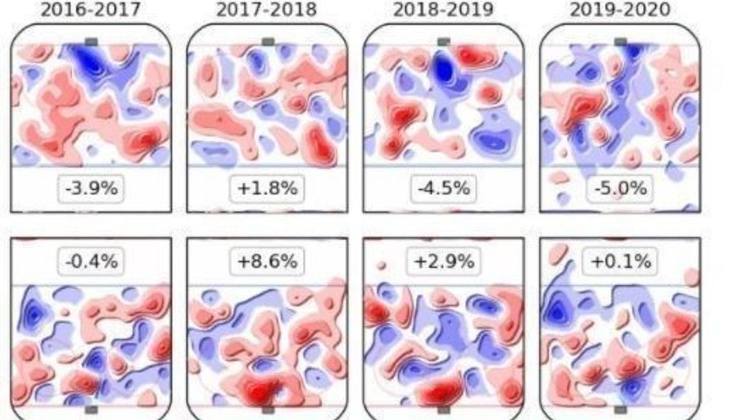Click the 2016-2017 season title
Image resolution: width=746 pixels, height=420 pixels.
coord(91,10)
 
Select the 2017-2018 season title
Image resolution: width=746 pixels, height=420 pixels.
coord(267,10)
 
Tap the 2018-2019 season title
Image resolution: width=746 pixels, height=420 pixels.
coord(443,10)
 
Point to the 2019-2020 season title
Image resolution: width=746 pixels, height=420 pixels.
coord(620,10)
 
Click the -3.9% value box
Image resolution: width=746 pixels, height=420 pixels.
coord(91,188)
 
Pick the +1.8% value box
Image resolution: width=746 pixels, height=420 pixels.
coord(267,188)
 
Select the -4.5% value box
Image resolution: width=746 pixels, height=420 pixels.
coord(443,188)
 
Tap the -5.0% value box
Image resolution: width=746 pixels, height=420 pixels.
coord(620,188)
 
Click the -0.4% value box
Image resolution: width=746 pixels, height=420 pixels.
coord(91,261)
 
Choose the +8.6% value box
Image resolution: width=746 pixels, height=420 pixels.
coord(267,261)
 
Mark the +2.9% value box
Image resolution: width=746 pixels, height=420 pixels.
coord(443,261)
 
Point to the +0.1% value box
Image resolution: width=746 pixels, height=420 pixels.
coord(620,261)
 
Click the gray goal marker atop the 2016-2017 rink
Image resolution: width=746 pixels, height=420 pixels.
coord(91,41)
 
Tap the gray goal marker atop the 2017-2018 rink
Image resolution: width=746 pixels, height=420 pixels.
coord(268,41)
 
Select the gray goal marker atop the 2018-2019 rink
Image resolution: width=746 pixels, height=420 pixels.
coord(444,41)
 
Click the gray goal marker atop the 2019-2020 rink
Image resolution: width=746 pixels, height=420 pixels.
coord(621,41)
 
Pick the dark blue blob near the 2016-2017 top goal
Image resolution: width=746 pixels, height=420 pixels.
coord(89,60)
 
